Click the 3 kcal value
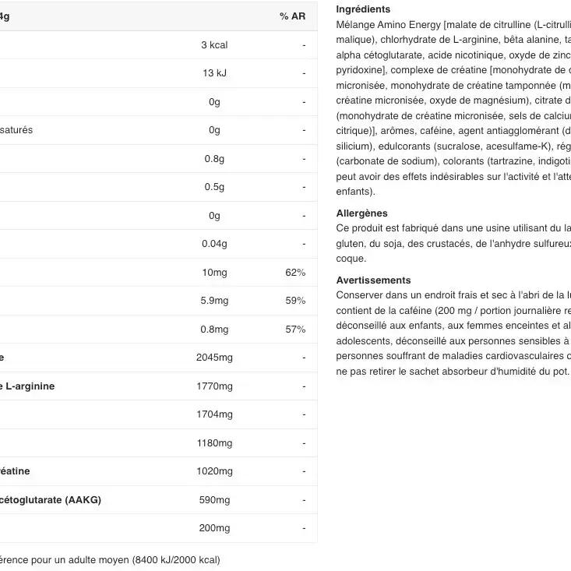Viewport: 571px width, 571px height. click(214, 45)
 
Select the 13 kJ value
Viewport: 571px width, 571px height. click(214, 73)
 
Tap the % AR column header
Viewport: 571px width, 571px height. click(292, 16)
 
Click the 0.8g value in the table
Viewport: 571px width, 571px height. click(214, 159)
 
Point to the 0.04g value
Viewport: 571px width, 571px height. click(214, 244)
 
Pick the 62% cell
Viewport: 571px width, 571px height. click(295, 273)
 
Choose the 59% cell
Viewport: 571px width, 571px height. click(295, 301)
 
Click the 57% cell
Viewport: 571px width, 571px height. click(295, 330)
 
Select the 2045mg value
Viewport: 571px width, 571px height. click(214, 358)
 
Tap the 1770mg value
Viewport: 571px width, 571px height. click(214, 386)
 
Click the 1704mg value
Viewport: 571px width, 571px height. click(214, 414)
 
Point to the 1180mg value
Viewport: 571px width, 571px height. click(214, 443)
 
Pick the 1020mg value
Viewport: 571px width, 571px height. click(214, 471)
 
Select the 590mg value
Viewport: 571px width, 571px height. click(214, 499)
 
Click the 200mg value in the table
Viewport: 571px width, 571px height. click(214, 528)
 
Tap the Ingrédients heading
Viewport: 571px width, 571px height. click(363, 9)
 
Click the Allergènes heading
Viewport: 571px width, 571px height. click(361, 213)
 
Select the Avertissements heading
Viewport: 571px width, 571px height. click(373, 280)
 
